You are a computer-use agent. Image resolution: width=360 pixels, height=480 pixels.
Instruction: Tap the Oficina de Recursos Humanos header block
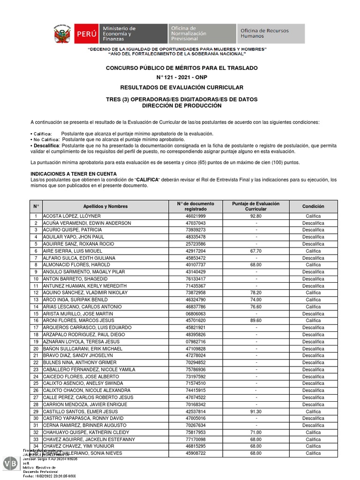[x=270, y=34]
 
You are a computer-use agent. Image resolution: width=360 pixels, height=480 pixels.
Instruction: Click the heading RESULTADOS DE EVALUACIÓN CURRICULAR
[x=182, y=87]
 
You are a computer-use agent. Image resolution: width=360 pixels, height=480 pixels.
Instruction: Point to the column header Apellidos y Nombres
[x=105, y=206]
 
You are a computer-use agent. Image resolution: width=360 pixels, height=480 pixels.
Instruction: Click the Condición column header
[x=313, y=206]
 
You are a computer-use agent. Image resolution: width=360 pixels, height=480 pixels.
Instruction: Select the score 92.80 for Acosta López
[x=256, y=216]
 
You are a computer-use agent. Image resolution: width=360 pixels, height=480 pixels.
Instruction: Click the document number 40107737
[x=195, y=265]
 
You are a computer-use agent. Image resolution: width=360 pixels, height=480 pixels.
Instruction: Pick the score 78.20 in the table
[x=256, y=293]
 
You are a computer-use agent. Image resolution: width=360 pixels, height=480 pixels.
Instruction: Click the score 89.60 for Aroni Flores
[x=256, y=321]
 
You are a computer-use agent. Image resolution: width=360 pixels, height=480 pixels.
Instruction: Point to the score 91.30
[x=256, y=412]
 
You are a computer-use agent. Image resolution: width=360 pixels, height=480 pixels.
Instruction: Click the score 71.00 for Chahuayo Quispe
[x=256, y=432]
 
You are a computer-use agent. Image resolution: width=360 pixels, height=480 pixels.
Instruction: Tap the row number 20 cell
[x=36, y=349]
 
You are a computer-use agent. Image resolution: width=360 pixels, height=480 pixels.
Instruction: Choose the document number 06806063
[x=195, y=314]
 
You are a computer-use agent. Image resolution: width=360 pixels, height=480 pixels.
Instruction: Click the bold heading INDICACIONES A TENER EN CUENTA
[x=74, y=174]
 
